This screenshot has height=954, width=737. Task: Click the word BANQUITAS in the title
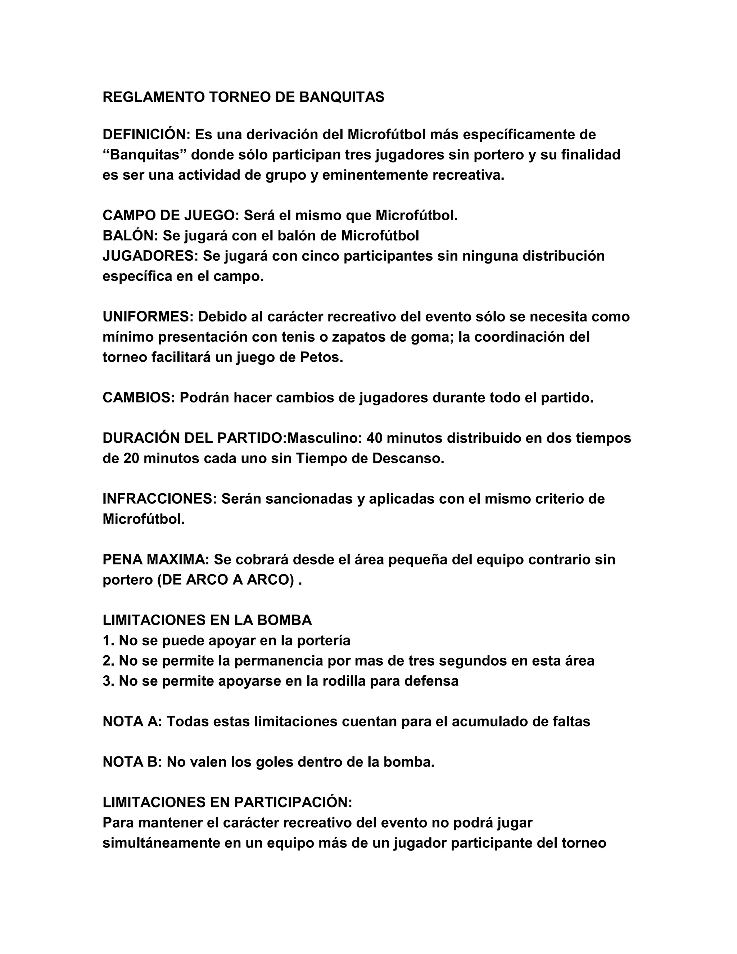[x=342, y=97]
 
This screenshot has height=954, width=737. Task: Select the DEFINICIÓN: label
[x=146, y=134]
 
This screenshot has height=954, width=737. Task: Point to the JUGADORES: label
[x=150, y=256]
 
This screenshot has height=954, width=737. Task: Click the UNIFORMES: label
[x=148, y=317]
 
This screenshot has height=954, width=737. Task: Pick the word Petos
[x=321, y=357]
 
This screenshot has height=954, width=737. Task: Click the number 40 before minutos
[x=375, y=438]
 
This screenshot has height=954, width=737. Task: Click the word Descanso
[x=408, y=459]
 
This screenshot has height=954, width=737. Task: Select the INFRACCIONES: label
[x=159, y=499]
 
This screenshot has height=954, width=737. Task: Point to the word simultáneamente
[x=161, y=843]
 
